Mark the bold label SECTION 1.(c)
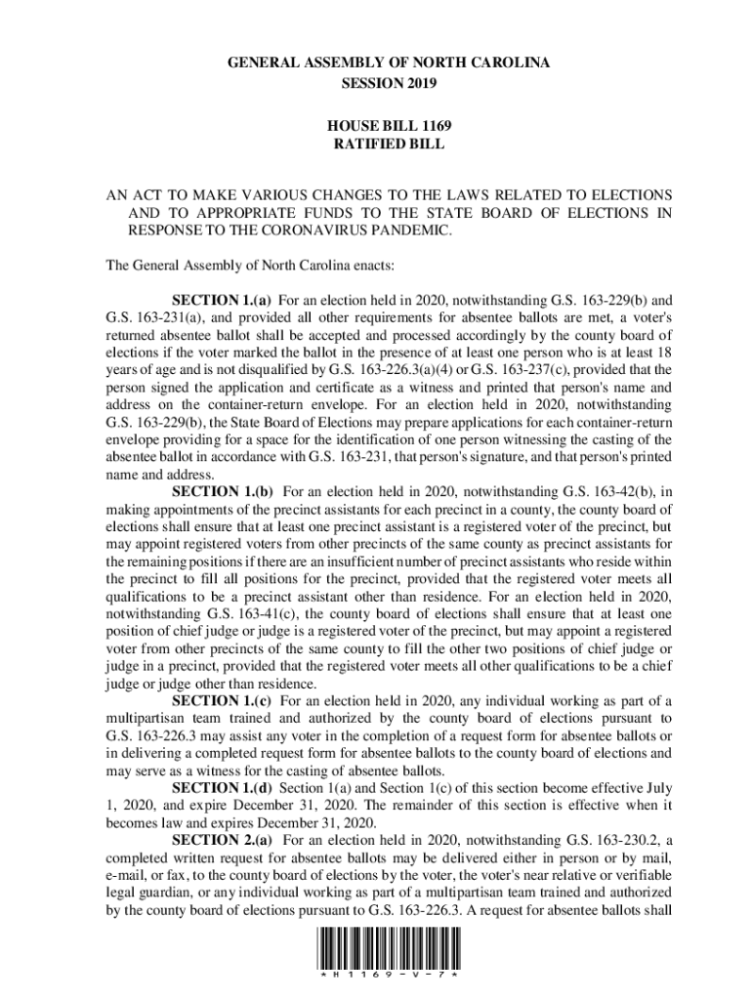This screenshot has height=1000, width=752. [x=222, y=701]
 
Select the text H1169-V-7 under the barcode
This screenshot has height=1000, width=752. [x=389, y=976]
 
